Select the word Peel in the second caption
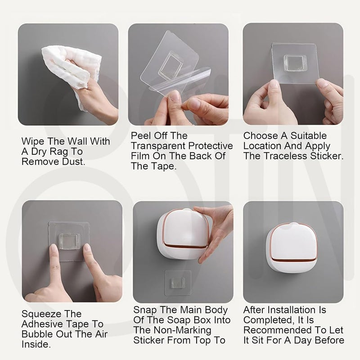pos(141,136)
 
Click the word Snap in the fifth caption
pos(144,310)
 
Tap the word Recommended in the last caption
pos(275,331)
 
